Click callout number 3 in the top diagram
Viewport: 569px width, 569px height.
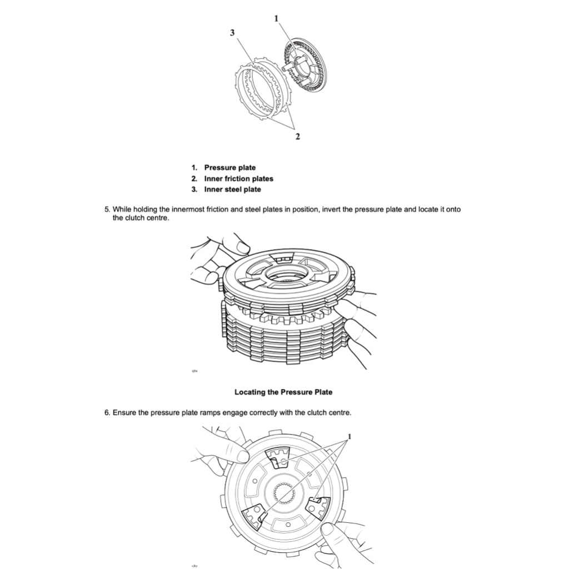[x=232, y=33]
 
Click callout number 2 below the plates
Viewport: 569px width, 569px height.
[x=297, y=137]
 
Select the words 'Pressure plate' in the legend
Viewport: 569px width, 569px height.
[x=229, y=167]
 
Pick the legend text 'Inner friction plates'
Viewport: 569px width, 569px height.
[x=238, y=178]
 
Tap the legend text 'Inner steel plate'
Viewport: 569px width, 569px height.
[x=232, y=189]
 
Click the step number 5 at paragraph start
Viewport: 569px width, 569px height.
[x=107, y=209]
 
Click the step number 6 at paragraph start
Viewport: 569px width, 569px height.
[x=107, y=413]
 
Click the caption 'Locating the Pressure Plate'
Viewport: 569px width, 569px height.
[x=283, y=392]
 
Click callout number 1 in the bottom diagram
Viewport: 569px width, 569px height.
[x=350, y=435]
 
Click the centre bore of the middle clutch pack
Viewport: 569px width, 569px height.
[x=287, y=276]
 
